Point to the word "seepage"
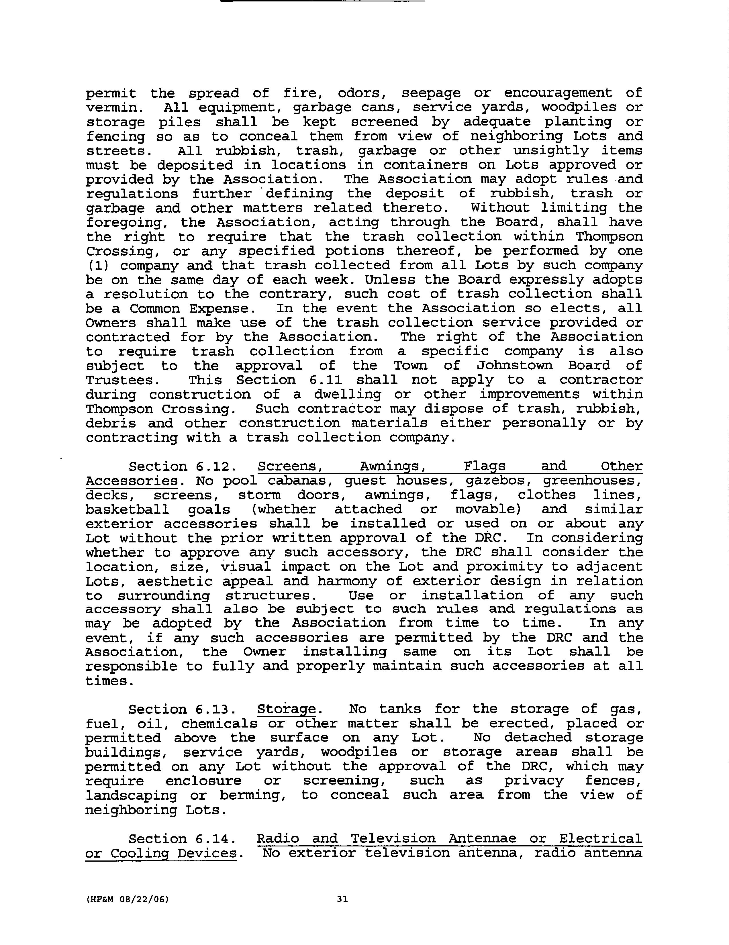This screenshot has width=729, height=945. [x=430, y=93]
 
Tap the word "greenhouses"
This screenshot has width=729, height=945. [x=592, y=481]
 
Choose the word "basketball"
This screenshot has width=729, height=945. [x=127, y=509]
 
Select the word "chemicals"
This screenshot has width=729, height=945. [x=219, y=724]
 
